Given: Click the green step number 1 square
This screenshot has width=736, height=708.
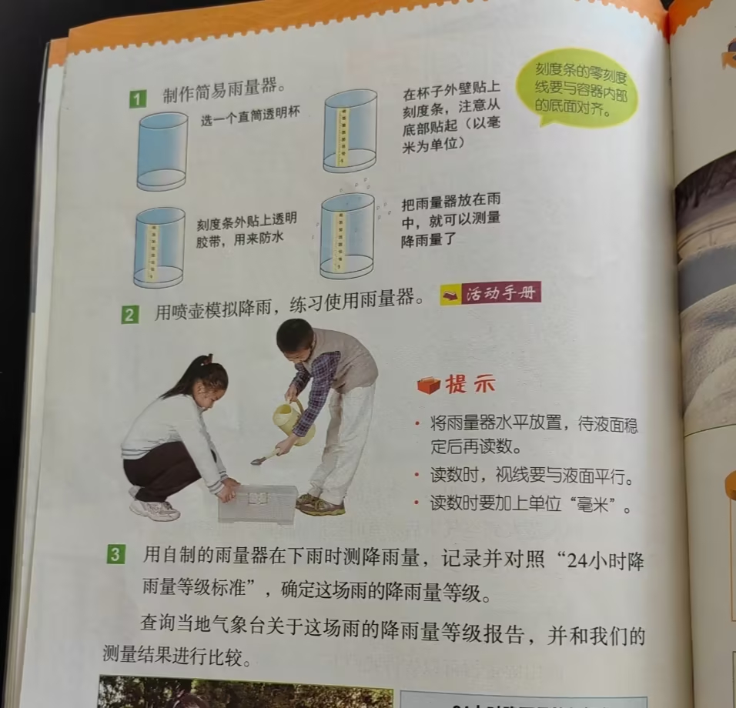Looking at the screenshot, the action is pos(138,99).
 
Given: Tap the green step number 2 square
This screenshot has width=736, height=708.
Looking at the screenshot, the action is pos(130,314).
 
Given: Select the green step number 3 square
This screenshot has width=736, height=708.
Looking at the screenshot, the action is pos(115,556).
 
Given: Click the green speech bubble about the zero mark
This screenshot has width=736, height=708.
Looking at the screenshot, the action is pos(578,88).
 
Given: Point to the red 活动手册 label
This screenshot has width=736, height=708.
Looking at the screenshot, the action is pos(501,292).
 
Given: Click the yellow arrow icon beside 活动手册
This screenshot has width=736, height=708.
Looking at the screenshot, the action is pos(451,295).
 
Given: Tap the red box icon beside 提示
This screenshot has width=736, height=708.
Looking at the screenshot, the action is pos(429,385).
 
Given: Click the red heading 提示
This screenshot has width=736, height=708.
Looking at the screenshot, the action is pos(470,384).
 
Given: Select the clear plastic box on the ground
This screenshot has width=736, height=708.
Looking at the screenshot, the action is pos(258,504).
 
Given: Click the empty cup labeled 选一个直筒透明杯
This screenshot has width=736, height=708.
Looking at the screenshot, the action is pos(162,152).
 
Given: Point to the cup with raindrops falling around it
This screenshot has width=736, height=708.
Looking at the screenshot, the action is pos(348,237).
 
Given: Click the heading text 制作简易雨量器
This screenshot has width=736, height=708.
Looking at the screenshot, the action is pos(224,90).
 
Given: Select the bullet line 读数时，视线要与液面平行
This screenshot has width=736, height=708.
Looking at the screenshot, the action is pos(532,476).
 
